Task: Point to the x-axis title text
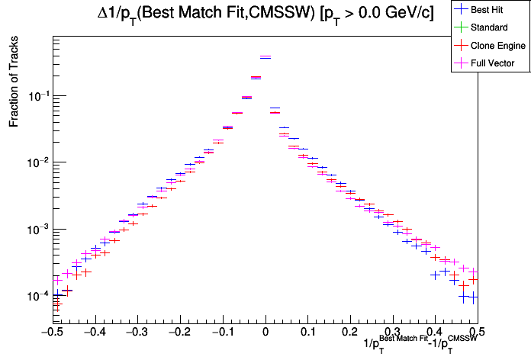421,344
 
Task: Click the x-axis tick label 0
265,333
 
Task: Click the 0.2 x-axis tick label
350,333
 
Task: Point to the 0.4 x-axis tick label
435,333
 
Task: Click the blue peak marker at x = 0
265,57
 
